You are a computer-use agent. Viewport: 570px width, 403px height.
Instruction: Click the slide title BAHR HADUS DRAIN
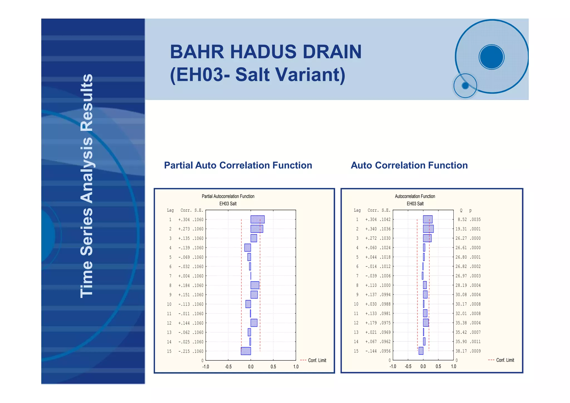click(x=266, y=52)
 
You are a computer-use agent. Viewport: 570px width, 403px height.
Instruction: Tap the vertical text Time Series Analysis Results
click(x=87, y=186)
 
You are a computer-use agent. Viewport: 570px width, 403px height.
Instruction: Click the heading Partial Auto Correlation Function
click(x=238, y=165)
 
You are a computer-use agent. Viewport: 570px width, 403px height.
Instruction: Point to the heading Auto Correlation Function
click(x=409, y=165)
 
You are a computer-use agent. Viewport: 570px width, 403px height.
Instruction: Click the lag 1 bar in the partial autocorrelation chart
click(x=257, y=219)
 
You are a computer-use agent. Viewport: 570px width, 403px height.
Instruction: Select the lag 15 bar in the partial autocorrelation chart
click(x=246, y=351)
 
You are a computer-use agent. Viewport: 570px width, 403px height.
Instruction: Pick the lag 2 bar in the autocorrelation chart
click(x=428, y=229)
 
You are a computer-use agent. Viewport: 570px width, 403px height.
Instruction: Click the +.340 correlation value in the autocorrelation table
click(x=371, y=229)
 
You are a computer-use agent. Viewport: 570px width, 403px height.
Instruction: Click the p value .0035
click(x=475, y=219)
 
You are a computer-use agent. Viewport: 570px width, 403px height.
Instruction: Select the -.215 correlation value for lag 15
click(x=184, y=351)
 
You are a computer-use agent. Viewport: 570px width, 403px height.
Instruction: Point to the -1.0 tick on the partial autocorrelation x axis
click(x=205, y=367)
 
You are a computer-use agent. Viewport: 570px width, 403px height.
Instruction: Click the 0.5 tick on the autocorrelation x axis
click(x=438, y=366)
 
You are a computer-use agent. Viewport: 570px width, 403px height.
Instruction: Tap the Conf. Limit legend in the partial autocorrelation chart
click(x=317, y=360)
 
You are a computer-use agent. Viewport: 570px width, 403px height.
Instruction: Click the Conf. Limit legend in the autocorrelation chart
click(x=505, y=360)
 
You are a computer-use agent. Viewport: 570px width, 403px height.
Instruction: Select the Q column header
click(x=461, y=210)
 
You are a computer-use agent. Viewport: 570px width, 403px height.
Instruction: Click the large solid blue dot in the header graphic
click(x=492, y=57)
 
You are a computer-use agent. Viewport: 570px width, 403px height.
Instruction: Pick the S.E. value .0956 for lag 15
click(x=385, y=351)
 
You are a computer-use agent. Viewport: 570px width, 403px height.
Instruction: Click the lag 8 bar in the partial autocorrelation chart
click(x=255, y=285)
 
